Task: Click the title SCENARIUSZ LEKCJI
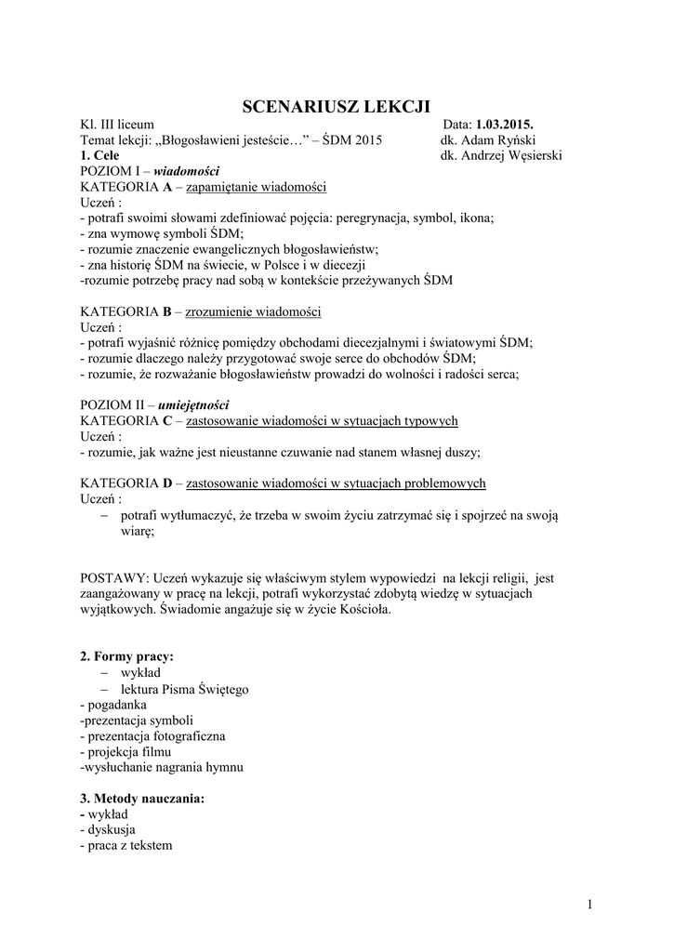(x=337, y=105)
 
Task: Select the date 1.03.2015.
(x=505, y=125)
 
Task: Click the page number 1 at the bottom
(x=590, y=904)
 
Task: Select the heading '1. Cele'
(x=99, y=155)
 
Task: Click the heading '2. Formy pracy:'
(x=127, y=656)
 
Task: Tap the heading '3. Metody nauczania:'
(x=142, y=799)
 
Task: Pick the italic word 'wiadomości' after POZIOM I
(x=186, y=171)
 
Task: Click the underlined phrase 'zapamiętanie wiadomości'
(x=257, y=187)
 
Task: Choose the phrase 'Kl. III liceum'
(x=117, y=125)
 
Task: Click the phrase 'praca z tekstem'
(x=129, y=845)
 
